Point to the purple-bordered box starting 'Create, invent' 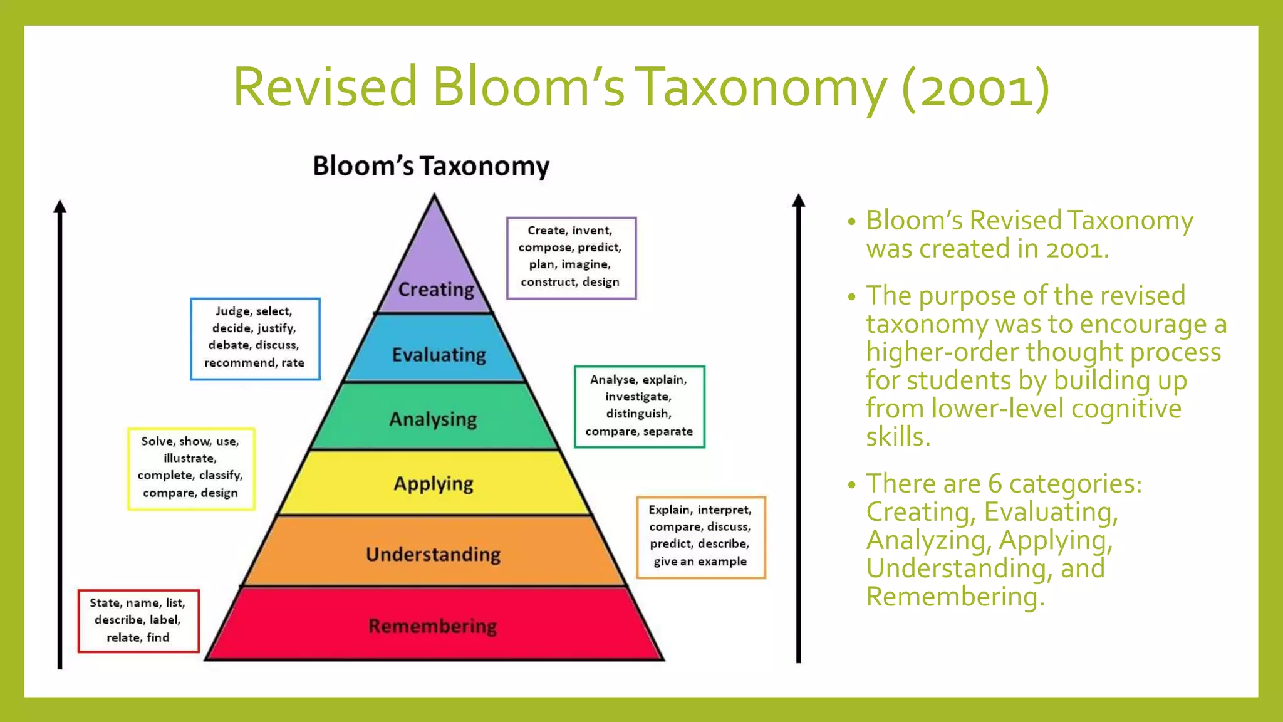coord(571,257)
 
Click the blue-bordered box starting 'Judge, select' coord(255,338)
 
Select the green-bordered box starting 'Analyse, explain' coord(639,406)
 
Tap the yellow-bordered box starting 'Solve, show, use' coord(191,468)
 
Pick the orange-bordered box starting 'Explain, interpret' coord(700,536)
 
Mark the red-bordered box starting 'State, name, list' coord(138,620)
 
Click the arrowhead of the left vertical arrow coord(60,207)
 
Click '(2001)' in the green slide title coord(975,88)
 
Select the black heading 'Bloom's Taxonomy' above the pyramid coord(431,166)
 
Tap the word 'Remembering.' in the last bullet coord(955,597)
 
